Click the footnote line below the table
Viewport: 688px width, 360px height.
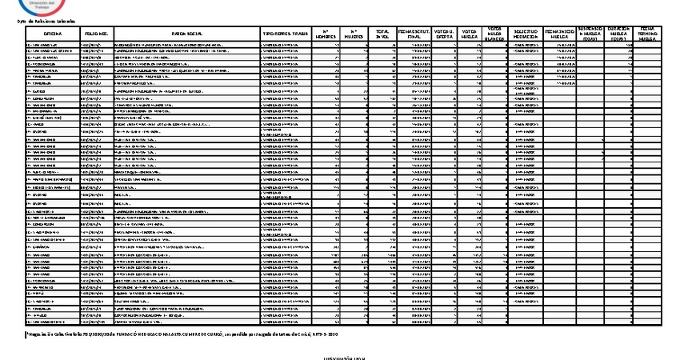tap(184, 334)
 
